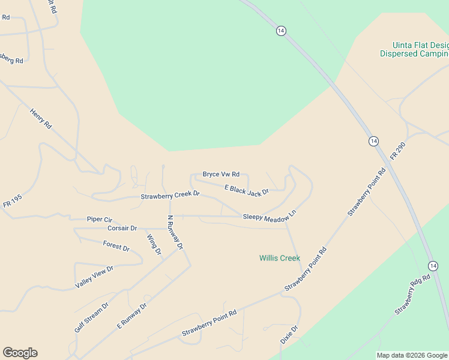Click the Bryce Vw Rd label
click(x=221, y=174)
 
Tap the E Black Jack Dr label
click(x=246, y=190)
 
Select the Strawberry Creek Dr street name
click(x=170, y=196)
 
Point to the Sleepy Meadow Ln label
click(x=270, y=215)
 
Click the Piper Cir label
click(x=99, y=220)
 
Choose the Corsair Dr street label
click(x=122, y=229)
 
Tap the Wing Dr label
click(x=154, y=244)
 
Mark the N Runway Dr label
click(x=175, y=233)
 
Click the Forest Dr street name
click(x=116, y=246)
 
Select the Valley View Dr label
click(x=94, y=277)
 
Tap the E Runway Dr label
click(x=131, y=316)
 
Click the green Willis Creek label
click(x=280, y=258)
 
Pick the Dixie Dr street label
click(x=289, y=335)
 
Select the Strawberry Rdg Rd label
click(x=413, y=295)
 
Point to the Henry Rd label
click(x=41, y=118)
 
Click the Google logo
click(x=20, y=353)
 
